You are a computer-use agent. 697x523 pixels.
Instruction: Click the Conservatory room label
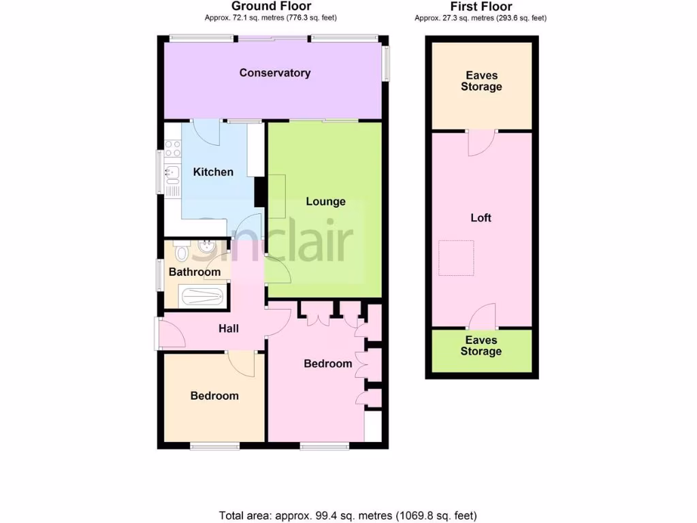275,73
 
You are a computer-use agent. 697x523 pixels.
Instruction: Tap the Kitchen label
213,172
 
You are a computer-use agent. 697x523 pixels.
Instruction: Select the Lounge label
325,202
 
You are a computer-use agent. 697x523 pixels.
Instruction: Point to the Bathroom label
195,272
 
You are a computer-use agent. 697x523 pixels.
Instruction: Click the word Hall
229,329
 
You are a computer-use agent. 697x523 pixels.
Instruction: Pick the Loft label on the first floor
481,218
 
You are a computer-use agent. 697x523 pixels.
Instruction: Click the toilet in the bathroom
181,253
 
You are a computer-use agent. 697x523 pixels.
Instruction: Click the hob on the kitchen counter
171,148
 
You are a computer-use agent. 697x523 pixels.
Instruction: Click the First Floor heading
481,7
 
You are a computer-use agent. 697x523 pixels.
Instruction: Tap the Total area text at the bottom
348,515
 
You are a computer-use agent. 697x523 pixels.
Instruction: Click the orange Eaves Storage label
481,81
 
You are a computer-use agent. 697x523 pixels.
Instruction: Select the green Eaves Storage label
481,346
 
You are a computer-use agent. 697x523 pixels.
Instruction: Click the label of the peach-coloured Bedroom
214,396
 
